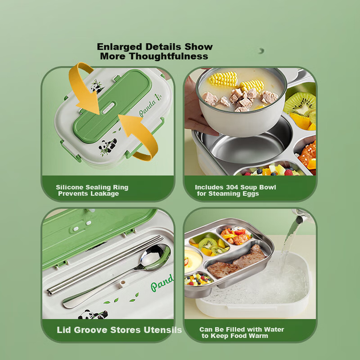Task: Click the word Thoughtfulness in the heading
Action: click(x=169, y=56)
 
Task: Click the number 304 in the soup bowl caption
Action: click(x=233, y=187)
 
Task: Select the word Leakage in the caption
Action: click(x=105, y=194)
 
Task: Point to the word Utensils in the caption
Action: click(x=162, y=330)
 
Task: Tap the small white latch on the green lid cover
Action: click(x=108, y=107)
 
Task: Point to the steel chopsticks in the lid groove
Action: click(x=105, y=265)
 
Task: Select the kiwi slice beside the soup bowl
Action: click(x=300, y=104)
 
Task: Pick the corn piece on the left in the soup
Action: click(x=223, y=79)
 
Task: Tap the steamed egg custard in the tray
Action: click(x=193, y=261)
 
